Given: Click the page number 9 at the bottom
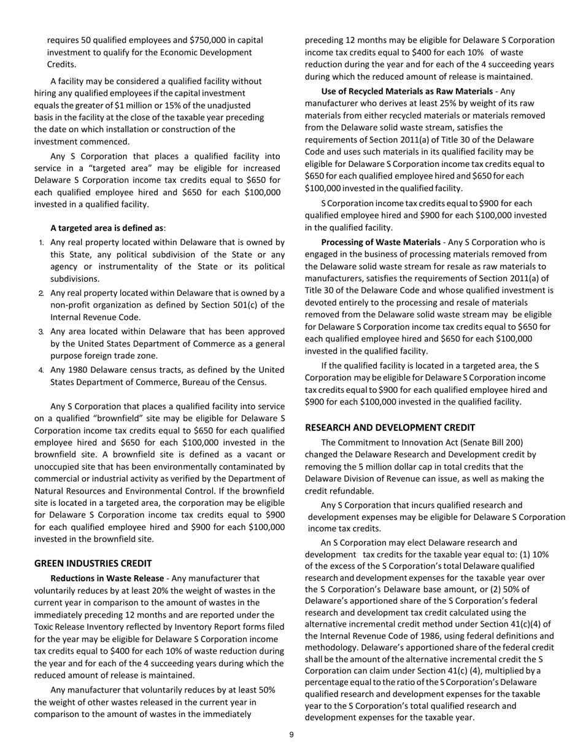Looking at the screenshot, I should coord(291,735).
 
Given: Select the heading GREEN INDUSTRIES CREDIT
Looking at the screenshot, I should coord(93,563).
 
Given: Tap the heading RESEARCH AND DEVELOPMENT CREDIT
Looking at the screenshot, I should coord(390,427).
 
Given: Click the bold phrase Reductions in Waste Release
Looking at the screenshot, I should coord(107,578).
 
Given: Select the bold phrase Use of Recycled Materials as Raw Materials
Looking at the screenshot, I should coord(407,91).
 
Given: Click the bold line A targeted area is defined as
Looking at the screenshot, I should coord(107,227).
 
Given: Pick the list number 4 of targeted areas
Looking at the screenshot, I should coord(42,370).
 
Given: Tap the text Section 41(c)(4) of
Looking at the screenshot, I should coord(522,624).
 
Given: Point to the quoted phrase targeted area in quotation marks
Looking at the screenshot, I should coord(136,168).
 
